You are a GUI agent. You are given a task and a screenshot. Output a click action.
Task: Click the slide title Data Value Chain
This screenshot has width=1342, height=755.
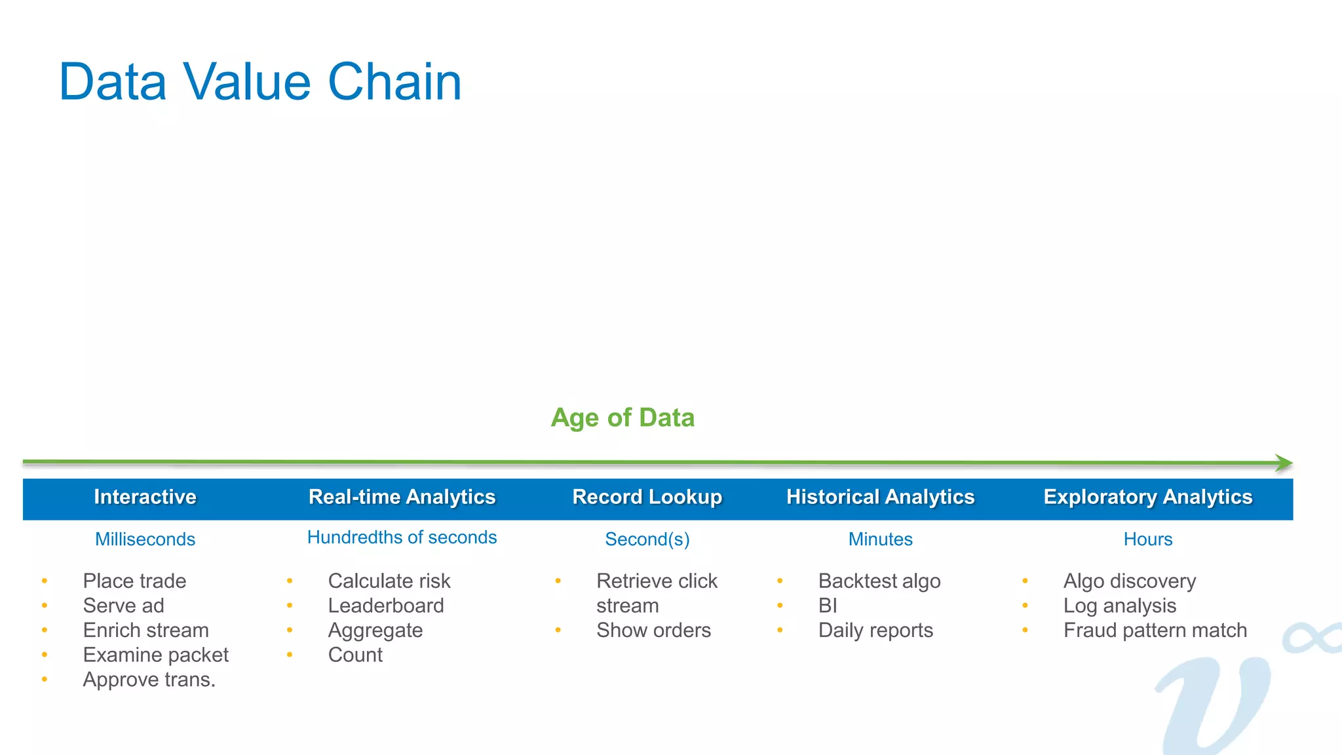click(x=260, y=82)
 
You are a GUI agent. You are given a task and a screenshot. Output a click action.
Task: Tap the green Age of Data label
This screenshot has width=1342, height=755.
click(x=623, y=417)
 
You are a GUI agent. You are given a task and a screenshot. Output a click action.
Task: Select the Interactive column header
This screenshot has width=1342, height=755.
click(x=145, y=497)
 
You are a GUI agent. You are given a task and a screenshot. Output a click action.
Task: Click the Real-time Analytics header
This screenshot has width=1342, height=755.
click(x=402, y=497)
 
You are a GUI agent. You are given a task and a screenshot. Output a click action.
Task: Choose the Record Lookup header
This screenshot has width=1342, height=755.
click(x=647, y=497)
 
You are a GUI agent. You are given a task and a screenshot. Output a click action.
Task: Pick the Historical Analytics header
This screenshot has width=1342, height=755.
click(x=880, y=497)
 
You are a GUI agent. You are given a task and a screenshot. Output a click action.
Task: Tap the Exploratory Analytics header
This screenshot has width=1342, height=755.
click(x=1147, y=497)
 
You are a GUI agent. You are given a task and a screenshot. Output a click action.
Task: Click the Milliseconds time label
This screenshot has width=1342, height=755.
click(x=145, y=539)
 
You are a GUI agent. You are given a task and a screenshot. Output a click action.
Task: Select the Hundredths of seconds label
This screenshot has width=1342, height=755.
click(x=402, y=537)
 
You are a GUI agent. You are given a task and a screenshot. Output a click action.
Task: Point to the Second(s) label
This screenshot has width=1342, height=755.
click(x=647, y=539)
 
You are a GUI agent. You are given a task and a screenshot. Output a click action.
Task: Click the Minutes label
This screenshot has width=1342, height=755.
click(x=880, y=539)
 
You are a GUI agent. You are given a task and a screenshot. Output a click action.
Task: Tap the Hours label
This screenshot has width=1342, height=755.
click(x=1147, y=539)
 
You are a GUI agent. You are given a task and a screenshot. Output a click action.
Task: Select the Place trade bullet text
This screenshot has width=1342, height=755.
click(x=134, y=581)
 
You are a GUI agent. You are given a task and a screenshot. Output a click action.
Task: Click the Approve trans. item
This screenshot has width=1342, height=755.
click(x=149, y=680)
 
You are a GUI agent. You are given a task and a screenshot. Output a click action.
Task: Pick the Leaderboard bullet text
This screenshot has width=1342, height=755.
click(x=385, y=606)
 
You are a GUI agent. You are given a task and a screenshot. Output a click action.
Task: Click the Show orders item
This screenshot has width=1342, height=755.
click(x=653, y=630)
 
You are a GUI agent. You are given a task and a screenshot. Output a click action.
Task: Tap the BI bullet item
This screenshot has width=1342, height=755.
click(x=828, y=606)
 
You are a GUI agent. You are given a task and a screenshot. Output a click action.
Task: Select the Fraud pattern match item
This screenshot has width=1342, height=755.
click(x=1155, y=630)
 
